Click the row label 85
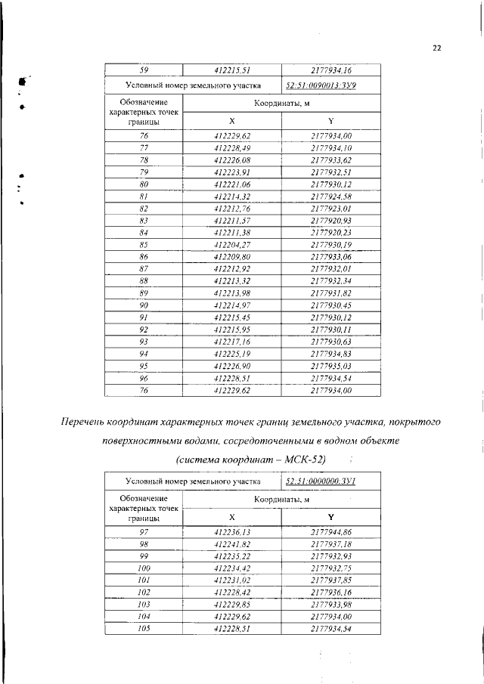(144, 246)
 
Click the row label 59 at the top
(144, 70)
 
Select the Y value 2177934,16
(330, 70)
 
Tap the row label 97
(144, 533)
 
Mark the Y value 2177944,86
(330, 533)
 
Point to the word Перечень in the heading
(88, 420)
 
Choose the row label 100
(144, 568)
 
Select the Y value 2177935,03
(330, 367)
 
